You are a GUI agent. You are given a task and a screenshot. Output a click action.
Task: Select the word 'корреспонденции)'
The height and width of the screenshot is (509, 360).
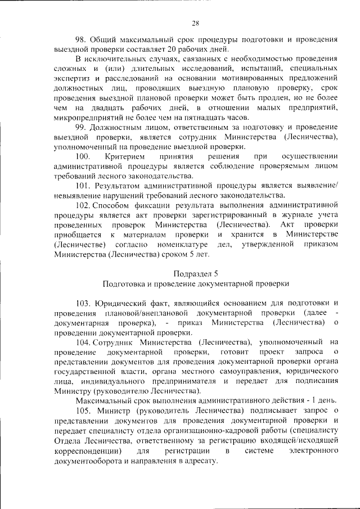[x=87, y=451]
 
